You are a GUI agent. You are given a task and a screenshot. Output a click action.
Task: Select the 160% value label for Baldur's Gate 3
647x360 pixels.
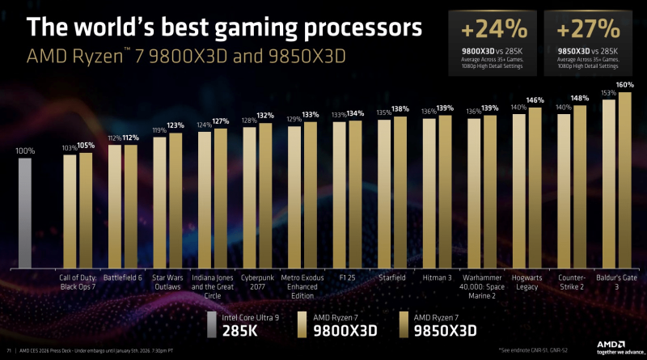pos(624,85)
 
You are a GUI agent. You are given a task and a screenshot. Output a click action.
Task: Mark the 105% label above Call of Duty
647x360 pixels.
pos(86,146)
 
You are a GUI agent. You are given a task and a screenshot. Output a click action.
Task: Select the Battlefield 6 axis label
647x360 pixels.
pos(121,277)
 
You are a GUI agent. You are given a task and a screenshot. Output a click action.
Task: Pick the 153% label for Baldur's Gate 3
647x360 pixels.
pos(608,92)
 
